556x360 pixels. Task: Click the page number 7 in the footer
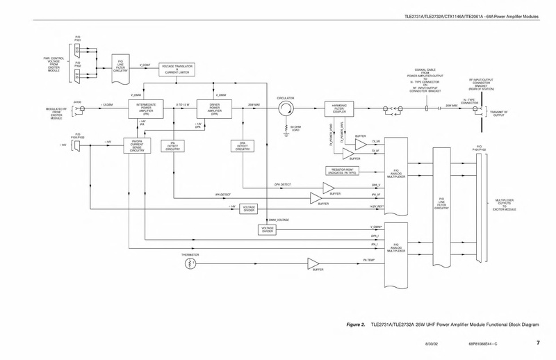tap(538, 343)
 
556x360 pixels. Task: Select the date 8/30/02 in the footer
tap(434, 344)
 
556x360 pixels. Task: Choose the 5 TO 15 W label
tap(183, 104)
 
